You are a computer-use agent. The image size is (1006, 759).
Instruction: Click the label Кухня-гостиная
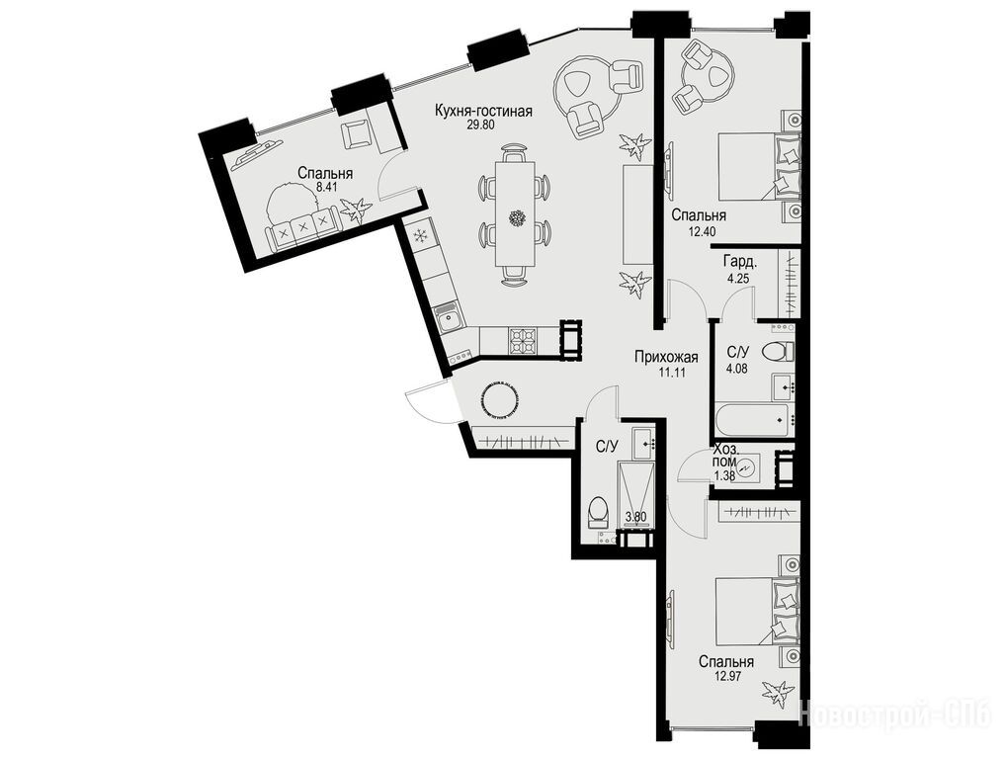(x=483, y=111)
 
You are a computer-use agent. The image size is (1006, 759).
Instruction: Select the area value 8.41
(x=326, y=188)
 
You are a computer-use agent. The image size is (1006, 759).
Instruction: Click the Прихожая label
(x=666, y=358)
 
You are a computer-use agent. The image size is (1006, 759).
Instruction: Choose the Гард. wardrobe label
(x=740, y=262)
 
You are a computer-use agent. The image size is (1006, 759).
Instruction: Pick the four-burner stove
(x=523, y=340)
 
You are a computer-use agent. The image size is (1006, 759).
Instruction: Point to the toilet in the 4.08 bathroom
(x=777, y=352)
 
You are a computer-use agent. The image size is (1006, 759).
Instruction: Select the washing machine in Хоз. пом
(x=747, y=467)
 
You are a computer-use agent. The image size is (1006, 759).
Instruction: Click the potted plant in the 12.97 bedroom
(x=778, y=694)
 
